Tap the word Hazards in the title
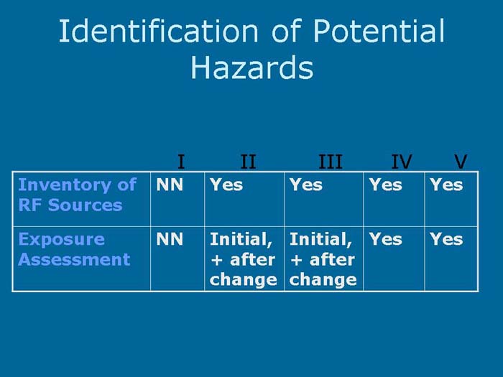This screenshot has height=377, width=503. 251,68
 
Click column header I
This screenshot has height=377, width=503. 181,162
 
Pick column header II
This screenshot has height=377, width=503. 248,162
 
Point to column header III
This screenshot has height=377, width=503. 331,162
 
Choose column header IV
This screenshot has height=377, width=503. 401,162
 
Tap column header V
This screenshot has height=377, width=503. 461,162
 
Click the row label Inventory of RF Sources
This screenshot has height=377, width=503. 77,195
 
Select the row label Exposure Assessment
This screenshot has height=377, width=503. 74,249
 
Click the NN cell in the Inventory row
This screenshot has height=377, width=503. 170,185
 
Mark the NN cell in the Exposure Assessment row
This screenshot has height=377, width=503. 170,239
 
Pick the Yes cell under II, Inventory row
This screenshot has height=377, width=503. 226,185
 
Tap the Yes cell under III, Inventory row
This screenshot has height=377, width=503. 306,185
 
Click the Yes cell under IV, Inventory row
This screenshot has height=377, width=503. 385,185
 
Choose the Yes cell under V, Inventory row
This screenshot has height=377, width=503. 446,185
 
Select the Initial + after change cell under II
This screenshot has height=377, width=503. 243,259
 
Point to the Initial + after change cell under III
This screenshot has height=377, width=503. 322,259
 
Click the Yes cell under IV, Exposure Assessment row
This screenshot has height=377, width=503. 385,239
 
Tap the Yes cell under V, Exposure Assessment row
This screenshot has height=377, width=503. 446,239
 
